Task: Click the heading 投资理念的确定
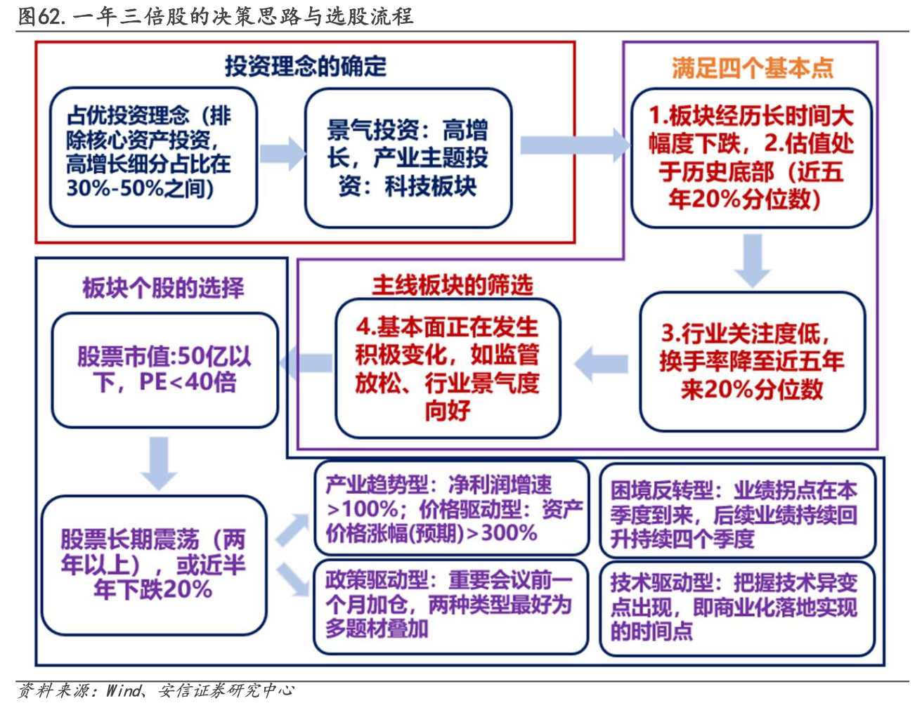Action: coord(306,66)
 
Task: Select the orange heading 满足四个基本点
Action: coord(752,68)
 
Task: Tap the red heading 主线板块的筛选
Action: coord(452,285)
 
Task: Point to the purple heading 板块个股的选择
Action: coord(163,287)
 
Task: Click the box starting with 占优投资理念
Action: coord(153,157)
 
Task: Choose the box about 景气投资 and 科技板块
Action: coord(408,158)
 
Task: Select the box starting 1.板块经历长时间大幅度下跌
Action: coord(751,158)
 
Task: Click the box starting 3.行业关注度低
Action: coord(752,362)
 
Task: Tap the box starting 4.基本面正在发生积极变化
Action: coord(448,369)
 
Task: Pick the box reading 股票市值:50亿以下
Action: coord(164,370)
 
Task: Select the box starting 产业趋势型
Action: coord(451,509)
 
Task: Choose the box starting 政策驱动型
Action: coord(450,605)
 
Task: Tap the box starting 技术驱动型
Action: coord(736,607)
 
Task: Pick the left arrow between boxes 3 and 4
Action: coord(602,363)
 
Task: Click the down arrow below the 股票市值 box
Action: coord(159,461)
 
